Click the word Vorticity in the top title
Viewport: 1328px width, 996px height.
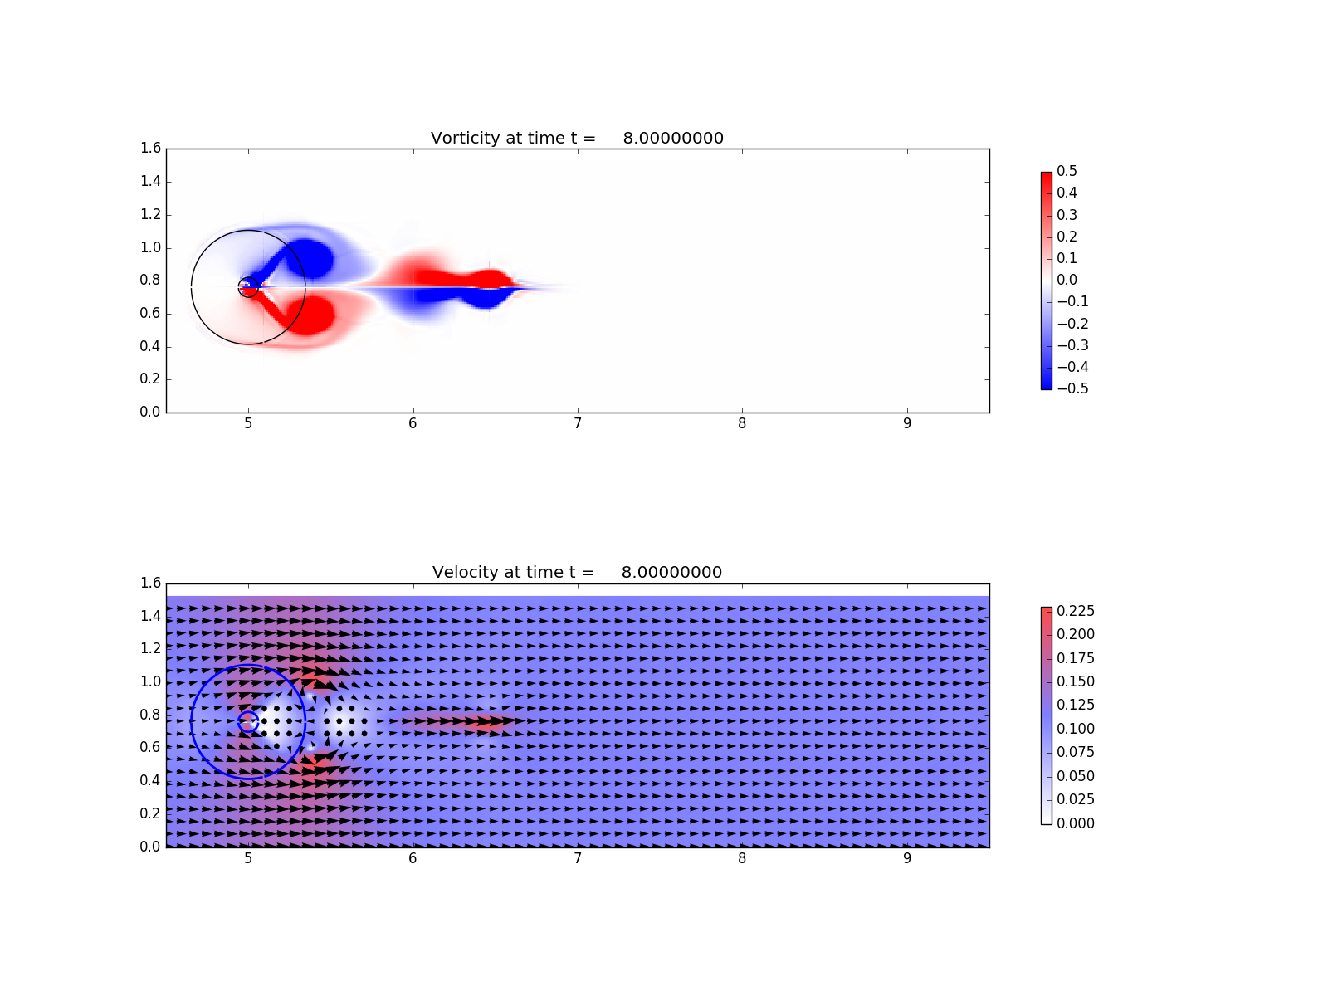point(465,139)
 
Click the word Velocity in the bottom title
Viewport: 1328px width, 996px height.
point(463,572)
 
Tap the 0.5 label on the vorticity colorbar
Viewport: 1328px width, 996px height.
point(1066,171)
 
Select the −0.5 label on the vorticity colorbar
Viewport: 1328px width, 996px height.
point(1072,388)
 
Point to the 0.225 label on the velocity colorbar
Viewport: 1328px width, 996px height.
point(1075,611)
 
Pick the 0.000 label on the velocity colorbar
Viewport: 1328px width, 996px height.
point(1075,823)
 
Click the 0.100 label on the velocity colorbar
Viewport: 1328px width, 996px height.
point(1075,729)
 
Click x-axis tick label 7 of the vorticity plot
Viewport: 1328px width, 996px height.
point(577,423)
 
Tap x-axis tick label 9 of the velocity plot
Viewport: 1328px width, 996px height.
point(906,858)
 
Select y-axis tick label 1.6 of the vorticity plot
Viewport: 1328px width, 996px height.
point(151,149)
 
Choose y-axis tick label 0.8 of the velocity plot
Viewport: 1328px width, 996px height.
point(151,715)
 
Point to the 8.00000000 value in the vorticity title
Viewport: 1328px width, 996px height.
point(673,139)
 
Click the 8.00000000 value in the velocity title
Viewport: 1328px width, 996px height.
point(671,572)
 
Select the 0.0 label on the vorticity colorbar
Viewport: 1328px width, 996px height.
point(1066,280)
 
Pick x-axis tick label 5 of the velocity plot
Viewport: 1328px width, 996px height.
point(248,858)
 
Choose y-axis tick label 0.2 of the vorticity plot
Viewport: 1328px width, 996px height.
point(151,379)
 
